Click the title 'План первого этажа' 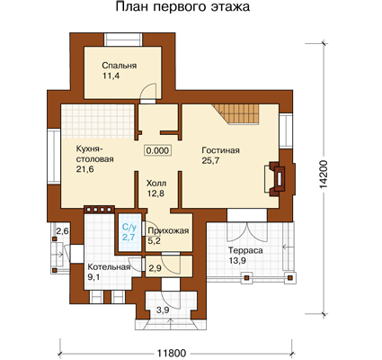click(x=182, y=7)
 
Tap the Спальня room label click(x=120, y=66)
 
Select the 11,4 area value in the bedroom click(x=111, y=76)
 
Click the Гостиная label click(x=221, y=150)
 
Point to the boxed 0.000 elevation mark click(x=158, y=150)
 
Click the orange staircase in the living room click(x=238, y=113)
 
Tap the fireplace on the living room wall click(x=278, y=178)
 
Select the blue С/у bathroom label click(x=129, y=228)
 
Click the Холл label click(x=156, y=183)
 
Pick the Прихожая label click(x=168, y=230)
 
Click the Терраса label click(x=245, y=250)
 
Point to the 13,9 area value click(x=237, y=260)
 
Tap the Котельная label click(x=109, y=267)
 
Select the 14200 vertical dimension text click(x=324, y=175)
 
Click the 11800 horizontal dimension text click(x=172, y=354)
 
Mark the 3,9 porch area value click(x=163, y=310)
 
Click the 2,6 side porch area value click(x=63, y=231)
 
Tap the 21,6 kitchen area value click(x=84, y=169)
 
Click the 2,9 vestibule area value click(x=155, y=268)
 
